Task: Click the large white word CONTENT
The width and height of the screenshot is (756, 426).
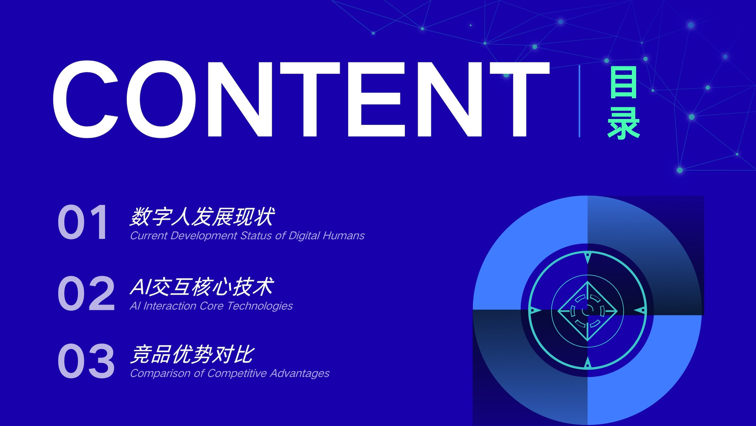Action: point(301,99)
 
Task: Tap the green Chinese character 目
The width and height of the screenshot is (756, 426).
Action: point(623,82)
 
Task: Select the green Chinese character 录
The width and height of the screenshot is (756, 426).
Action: point(624,123)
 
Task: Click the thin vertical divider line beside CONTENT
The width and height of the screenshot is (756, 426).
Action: point(579,101)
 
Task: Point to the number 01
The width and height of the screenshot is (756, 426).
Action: point(83,222)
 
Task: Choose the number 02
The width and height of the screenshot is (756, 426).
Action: point(86,293)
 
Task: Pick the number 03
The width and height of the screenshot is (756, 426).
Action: point(86,361)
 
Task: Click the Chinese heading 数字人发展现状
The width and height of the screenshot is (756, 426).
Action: point(202,216)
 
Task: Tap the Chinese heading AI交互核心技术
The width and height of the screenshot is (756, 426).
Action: point(201,287)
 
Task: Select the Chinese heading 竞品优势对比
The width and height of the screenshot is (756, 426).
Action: point(192,355)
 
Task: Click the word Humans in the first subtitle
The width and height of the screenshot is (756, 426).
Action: point(344,235)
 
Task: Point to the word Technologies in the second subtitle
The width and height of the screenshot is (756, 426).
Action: point(260,306)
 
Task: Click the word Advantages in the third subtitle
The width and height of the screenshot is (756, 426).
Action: point(300,373)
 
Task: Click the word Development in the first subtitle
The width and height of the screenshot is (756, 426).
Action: point(204,236)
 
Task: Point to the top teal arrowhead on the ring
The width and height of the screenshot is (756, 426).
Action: point(588,257)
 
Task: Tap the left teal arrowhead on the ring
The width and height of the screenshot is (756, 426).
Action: point(535,311)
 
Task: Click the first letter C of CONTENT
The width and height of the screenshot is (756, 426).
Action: point(86,99)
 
